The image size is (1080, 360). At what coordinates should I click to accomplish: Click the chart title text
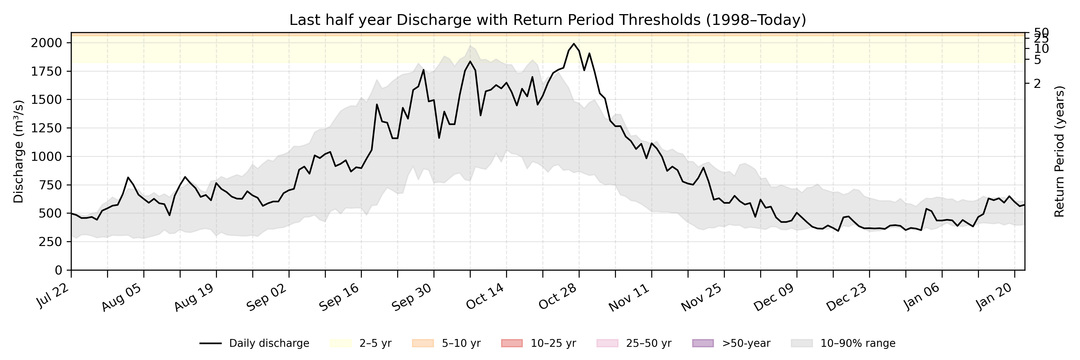(x=547, y=20)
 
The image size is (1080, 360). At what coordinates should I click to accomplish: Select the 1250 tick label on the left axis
(x=46, y=128)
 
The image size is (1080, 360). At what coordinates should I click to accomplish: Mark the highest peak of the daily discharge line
(x=574, y=43)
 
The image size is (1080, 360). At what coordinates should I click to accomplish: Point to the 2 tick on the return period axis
(x=1037, y=84)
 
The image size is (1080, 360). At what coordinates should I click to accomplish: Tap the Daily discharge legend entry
(x=254, y=343)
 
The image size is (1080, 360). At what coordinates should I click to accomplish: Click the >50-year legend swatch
(x=703, y=343)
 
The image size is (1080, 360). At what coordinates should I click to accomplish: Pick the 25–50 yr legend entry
(x=634, y=343)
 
